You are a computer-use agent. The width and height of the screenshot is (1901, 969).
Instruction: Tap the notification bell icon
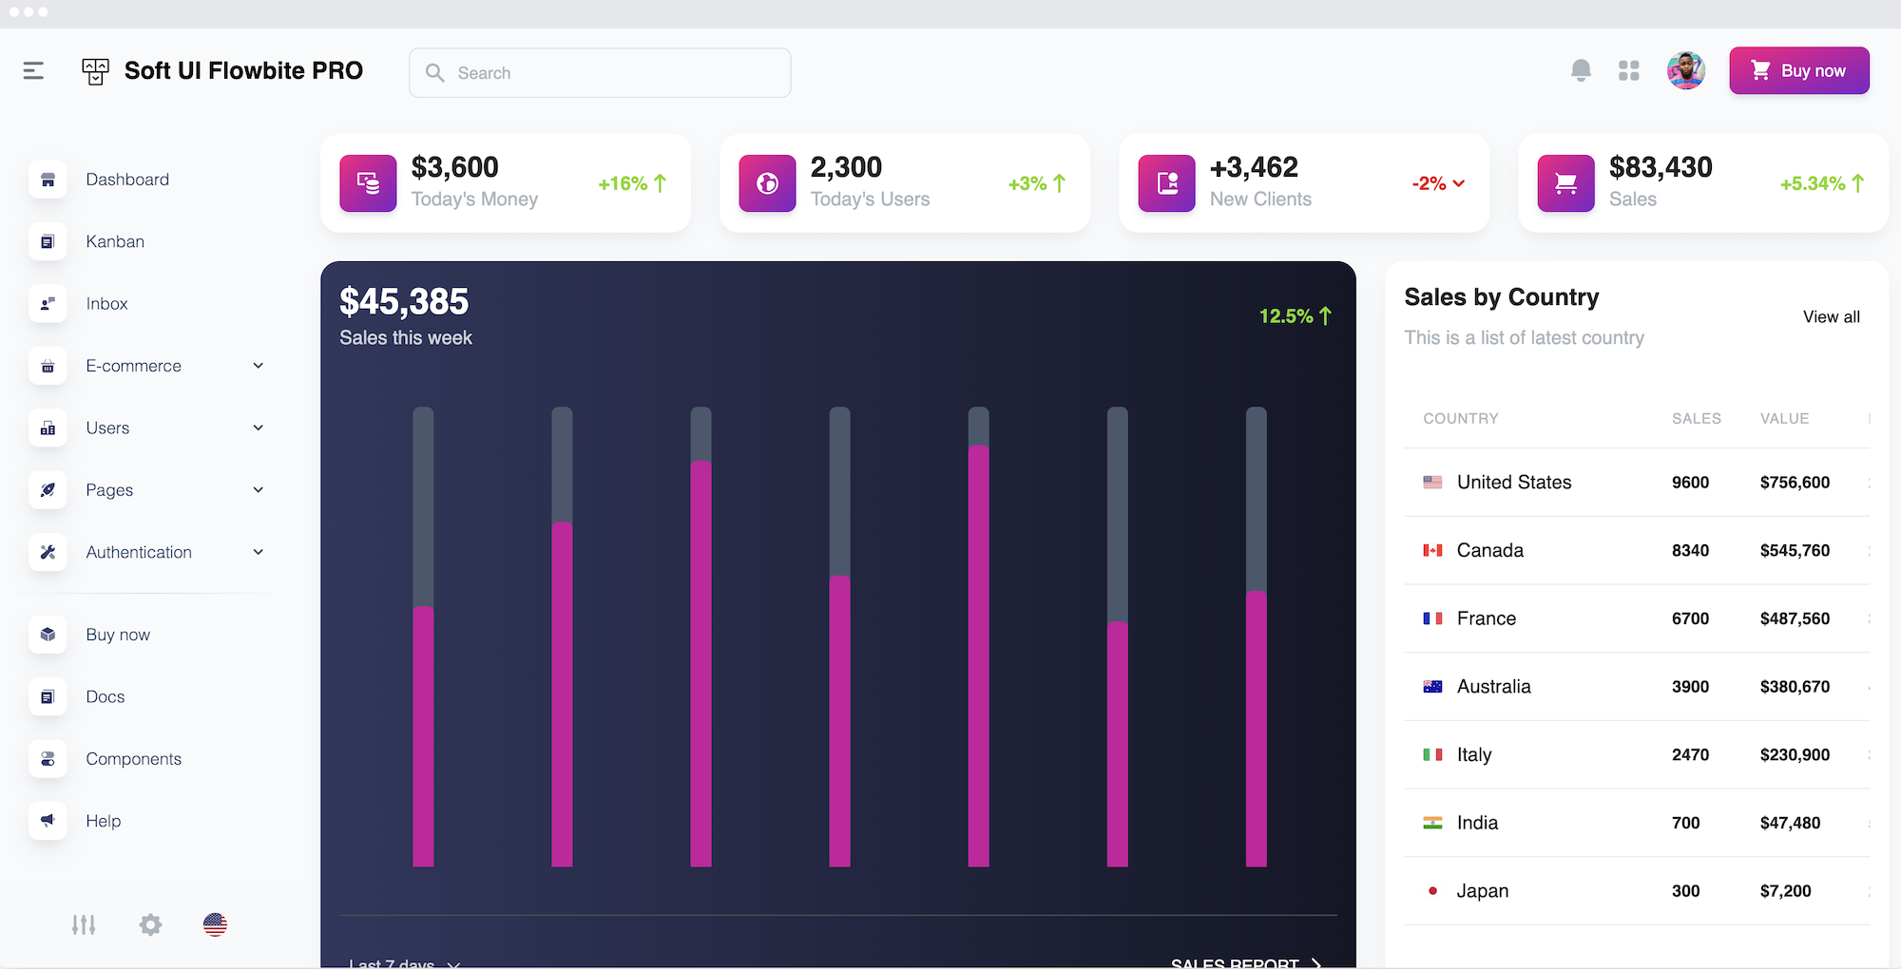pyautogui.click(x=1581, y=70)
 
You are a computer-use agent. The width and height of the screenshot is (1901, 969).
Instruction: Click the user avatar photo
pyautogui.click(x=1685, y=70)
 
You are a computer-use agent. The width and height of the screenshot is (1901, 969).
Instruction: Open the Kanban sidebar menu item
pyautogui.click(x=114, y=241)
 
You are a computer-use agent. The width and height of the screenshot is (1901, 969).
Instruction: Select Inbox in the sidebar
pyautogui.click(x=106, y=304)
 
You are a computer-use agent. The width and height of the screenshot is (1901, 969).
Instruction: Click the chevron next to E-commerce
pyautogui.click(x=258, y=366)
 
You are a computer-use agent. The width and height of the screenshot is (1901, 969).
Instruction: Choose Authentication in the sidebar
pyautogui.click(x=139, y=552)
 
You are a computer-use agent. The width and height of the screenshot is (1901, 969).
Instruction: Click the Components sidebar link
pyautogui.click(x=133, y=759)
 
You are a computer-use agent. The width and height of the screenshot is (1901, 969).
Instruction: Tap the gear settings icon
pyautogui.click(x=150, y=924)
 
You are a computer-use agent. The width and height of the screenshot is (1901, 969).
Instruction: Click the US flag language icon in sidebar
pyautogui.click(x=215, y=924)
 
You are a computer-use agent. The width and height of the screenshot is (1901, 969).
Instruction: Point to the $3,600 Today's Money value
pyautogui.click(x=454, y=167)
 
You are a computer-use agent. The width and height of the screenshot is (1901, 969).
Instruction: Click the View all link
pyautogui.click(x=1831, y=317)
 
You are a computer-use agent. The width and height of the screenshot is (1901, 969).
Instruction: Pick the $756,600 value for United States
pyautogui.click(x=1795, y=483)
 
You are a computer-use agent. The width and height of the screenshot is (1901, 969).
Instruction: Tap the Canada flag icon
pyautogui.click(x=1432, y=551)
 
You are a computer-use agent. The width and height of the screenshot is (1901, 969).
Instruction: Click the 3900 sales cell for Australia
pyautogui.click(x=1690, y=687)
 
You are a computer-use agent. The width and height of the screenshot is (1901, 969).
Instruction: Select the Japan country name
pyautogui.click(x=1482, y=891)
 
